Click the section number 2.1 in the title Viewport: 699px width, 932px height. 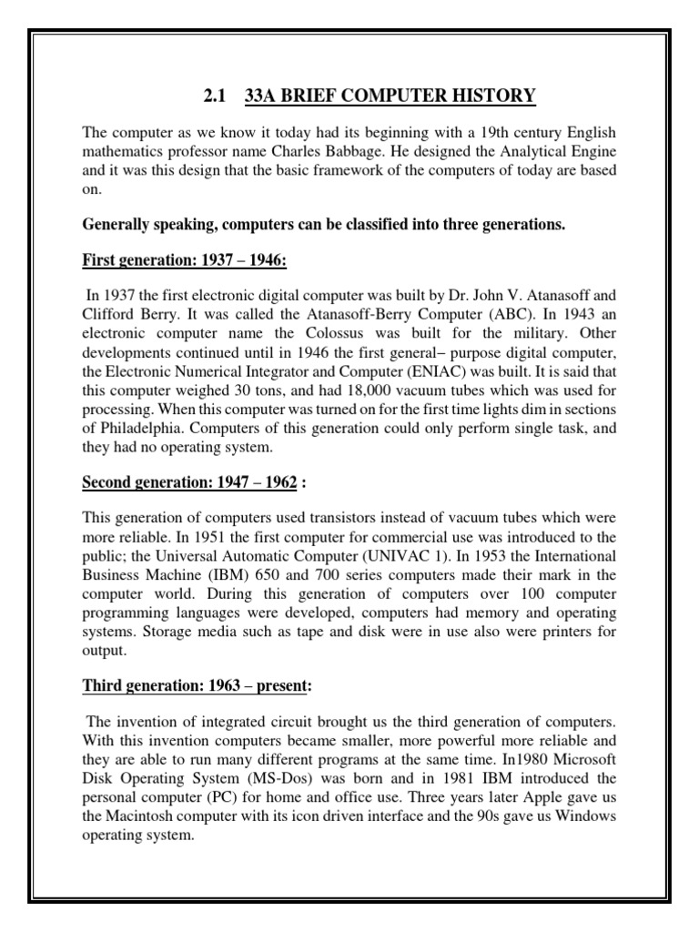[x=210, y=96]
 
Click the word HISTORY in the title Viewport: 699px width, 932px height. [x=492, y=96]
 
